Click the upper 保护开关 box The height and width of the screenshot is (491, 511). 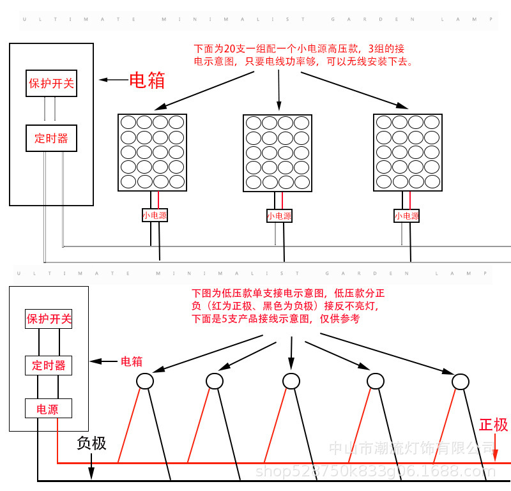point(51,83)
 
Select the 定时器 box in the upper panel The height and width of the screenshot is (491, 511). point(51,138)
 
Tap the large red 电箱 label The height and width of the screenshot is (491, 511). point(147,80)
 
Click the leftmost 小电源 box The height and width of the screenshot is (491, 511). point(155,216)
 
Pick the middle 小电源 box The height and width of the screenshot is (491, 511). point(279,216)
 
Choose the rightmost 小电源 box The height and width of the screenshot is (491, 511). point(407,216)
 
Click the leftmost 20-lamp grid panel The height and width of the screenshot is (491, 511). point(152,152)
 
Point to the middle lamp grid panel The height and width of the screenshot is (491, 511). point(278,153)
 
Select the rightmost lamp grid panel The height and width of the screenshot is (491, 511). point(408,152)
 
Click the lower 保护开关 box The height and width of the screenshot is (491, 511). point(49,319)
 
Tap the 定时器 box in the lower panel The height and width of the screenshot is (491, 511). point(49,365)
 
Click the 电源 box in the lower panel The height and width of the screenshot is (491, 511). point(48,409)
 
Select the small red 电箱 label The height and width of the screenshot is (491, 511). point(132,361)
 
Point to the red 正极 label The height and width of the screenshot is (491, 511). point(493,425)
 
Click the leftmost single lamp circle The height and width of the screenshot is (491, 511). point(145,381)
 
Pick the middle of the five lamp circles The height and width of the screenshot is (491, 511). point(291,381)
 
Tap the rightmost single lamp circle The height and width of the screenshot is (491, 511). point(461,382)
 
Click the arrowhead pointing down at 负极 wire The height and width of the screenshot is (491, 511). point(91,474)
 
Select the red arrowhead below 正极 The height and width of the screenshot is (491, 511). point(496,455)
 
